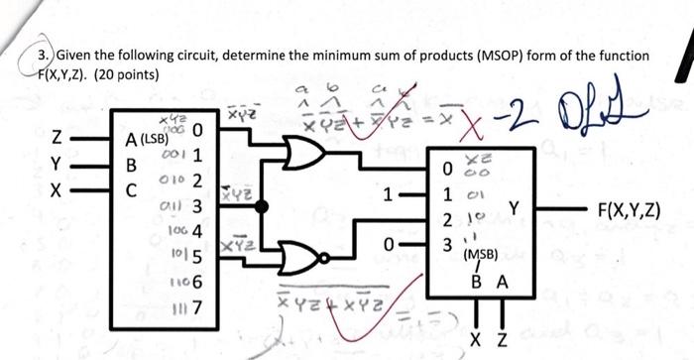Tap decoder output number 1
click(196, 156)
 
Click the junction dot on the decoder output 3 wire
click(263, 206)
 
